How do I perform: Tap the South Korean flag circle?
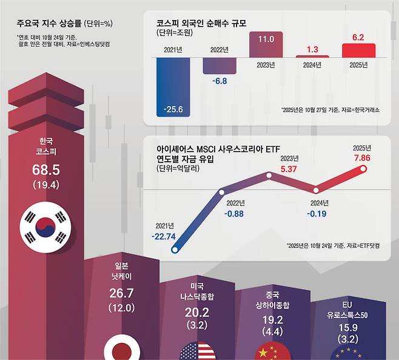click(x=46, y=227)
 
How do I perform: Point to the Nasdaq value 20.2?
click(x=197, y=313)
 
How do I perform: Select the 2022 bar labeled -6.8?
click(x=220, y=65)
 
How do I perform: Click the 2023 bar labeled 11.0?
click(x=266, y=45)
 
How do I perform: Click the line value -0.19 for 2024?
click(x=317, y=213)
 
